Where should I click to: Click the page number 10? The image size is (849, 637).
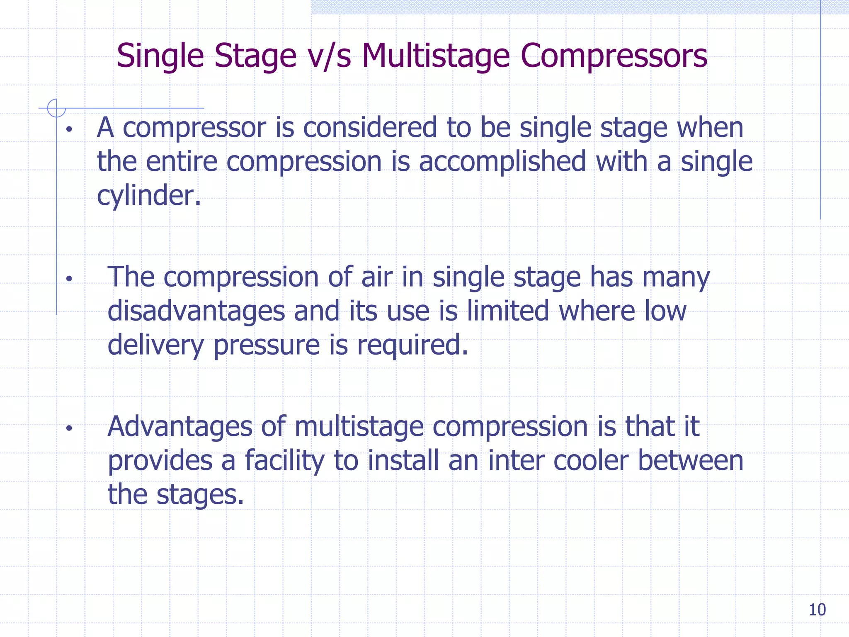click(x=817, y=610)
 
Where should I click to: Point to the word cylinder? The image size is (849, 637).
click(x=148, y=196)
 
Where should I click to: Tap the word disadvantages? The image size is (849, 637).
click(x=196, y=311)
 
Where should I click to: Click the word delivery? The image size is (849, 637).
click(x=155, y=345)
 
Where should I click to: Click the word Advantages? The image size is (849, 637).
click(x=180, y=426)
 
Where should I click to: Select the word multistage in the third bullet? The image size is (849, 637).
click(x=359, y=427)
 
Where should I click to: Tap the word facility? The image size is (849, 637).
click(x=284, y=461)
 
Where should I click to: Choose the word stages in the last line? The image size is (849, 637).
click(x=200, y=495)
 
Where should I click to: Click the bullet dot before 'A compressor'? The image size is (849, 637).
click(x=69, y=130)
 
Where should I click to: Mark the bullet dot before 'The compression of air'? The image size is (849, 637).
click(x=69, y=279)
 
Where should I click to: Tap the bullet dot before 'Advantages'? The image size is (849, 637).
click(x=69, y=428)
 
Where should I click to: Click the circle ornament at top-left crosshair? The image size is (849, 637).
click(x=56, y=108)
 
